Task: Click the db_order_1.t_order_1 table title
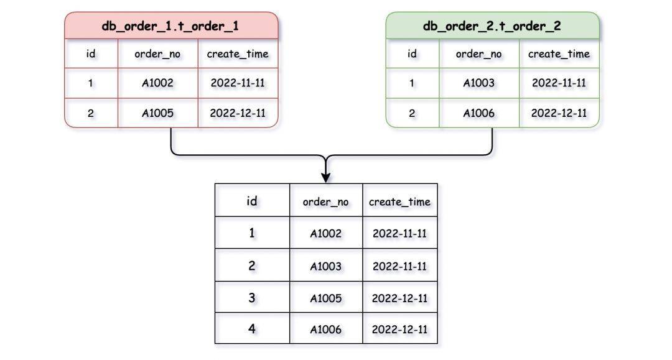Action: [x=170, y=26]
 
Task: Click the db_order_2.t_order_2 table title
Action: [x=492, y=26]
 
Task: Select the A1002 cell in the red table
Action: [x=157, y=83]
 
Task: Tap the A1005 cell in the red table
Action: [x=157, y=113]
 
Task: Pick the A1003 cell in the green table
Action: [x=478, y=83]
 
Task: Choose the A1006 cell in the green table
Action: [x=478, y=113]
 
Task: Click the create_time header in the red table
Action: [x=238, y=54]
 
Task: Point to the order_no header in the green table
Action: [x=478, y=54]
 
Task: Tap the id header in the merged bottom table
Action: [x=252, y=201]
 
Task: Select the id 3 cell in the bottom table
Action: [x=252, y=297]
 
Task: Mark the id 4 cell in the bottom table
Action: [x=252, y=328]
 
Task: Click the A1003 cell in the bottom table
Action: [x=325, y=266]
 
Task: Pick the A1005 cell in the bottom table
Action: [x=325, y=298]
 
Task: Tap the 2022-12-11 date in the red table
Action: [x=238, y=113]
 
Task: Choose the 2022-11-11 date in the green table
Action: [x=559, y=83]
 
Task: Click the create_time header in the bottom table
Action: [x=399, y=201]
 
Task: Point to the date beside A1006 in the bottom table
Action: [x=399, y=329]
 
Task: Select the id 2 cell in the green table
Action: [x=413, y=113]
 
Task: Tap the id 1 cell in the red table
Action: [x=91, y=83]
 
